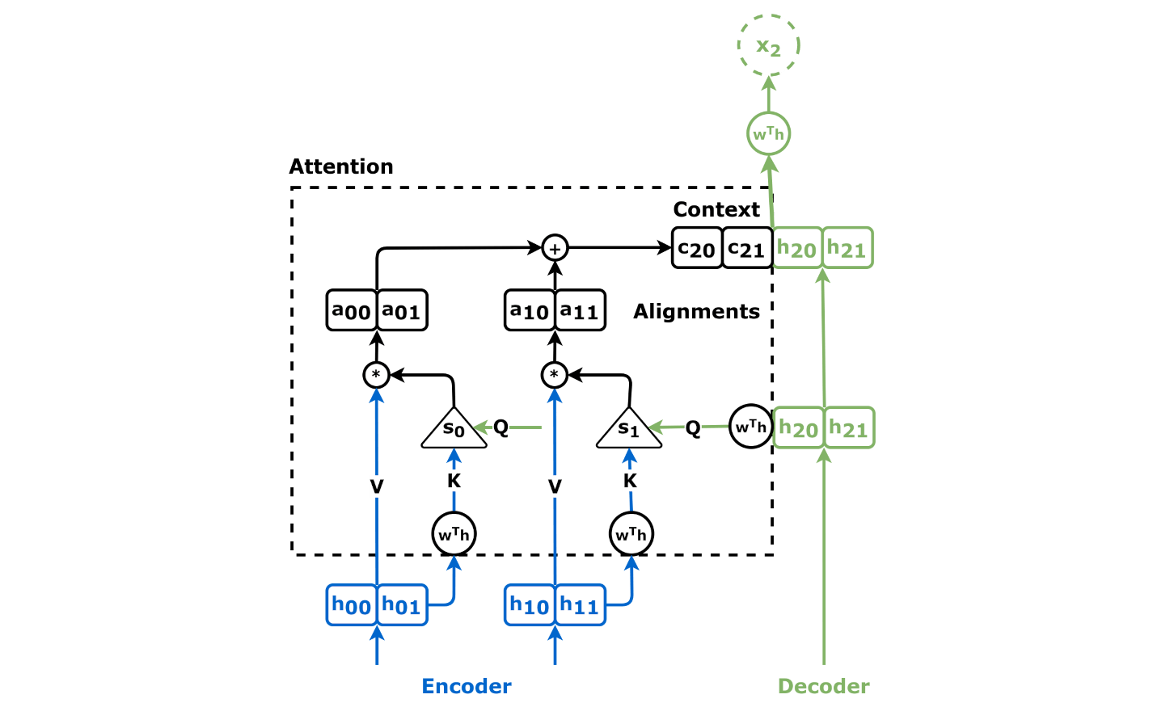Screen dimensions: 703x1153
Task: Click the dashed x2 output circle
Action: tap(768, 45)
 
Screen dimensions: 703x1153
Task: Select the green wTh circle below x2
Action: tap(768, 134)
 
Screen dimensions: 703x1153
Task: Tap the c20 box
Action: tap(697, 248)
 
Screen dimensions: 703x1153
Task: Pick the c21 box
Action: tap(747, 248)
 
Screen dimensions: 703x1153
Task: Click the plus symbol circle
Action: tap(555, 248)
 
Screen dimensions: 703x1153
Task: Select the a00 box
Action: tap(352, 310)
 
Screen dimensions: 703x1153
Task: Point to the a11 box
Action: tap(580, 310)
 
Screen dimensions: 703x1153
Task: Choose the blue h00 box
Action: tap(352, 605)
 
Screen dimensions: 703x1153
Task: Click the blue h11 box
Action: tap(580, 605)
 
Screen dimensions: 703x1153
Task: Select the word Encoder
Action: tap(467, 686)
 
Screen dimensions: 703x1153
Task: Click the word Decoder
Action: tap(823, 686)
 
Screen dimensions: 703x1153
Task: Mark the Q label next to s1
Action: tap(693, 427)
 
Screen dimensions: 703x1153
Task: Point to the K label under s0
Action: tap(454, 482)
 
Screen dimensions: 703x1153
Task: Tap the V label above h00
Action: tap(377, 486)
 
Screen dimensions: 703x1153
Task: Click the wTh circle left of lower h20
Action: tap(751, 427)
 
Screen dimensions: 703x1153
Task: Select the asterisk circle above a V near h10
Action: tap(555, 375)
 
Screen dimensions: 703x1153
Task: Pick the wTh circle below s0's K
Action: tap(454, 534)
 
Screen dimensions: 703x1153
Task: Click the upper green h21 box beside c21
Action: tap(847, 248)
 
